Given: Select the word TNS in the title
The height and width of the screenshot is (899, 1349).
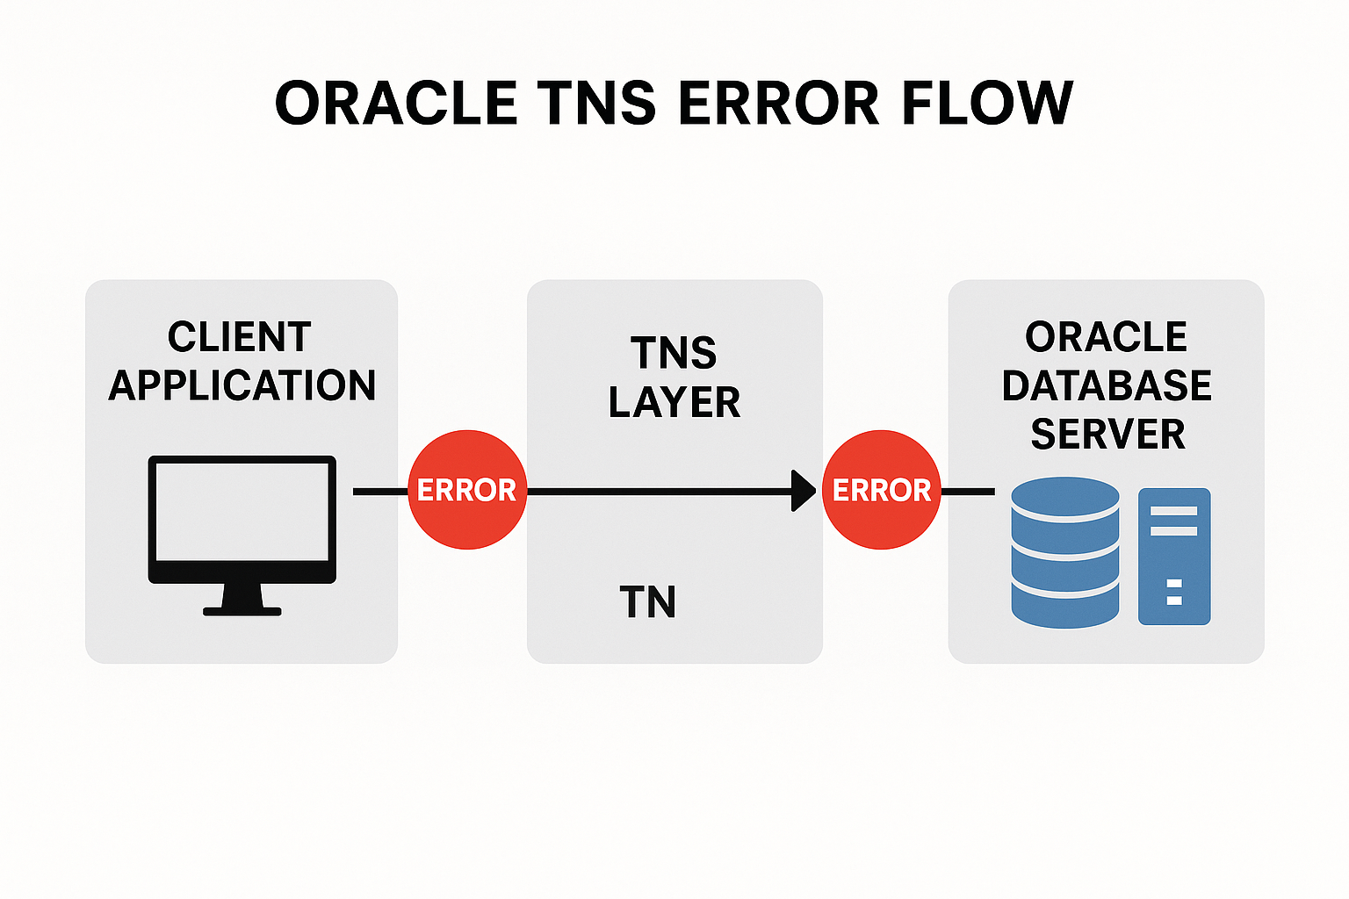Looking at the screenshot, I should click(x=596, y=104).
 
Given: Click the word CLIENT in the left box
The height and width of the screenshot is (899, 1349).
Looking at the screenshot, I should click(x=240, y=337).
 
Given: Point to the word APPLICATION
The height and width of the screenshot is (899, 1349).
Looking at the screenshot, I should click(x=242, y=385).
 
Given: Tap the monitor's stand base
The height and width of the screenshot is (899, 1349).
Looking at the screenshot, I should click(x=242, y=611).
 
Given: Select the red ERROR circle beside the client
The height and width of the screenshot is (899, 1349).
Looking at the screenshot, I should click(x=467, y=490).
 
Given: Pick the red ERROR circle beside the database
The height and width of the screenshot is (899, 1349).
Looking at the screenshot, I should click(x=882, y=490).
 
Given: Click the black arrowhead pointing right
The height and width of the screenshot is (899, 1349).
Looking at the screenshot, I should click(x=803, y=491).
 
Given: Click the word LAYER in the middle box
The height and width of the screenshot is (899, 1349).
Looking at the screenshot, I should click(x=674, y=402).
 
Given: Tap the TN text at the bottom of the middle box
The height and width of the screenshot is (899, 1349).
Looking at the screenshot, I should click(x=648, y=602).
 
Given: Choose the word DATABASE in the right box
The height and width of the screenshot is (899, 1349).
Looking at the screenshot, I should click(x=1107, y=385).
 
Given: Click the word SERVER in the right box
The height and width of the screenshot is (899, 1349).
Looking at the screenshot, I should click(x=1107, y=434).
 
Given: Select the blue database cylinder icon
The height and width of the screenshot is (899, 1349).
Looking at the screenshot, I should click(x=1065, y=553).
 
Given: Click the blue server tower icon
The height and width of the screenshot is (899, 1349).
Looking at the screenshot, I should click(x=1174, y=557).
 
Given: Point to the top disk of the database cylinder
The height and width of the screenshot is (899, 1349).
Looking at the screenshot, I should click(x=1065, y=497).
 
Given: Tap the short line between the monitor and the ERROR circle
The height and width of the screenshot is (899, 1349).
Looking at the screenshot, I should click(x=380, y=492).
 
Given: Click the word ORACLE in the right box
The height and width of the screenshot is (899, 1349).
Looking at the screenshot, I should click(x=1107, y=337).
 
